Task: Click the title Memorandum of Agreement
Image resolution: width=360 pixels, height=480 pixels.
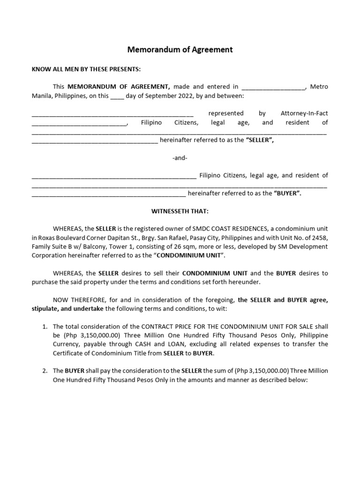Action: point(180,49)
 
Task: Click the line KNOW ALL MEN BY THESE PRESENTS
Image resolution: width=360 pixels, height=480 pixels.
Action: point(86,69)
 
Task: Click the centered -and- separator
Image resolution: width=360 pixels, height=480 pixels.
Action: point(180,157)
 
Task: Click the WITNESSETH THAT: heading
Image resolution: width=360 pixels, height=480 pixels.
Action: point(180,211)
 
